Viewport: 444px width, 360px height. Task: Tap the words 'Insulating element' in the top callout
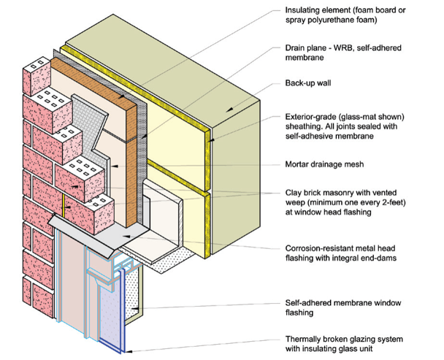(315, 10)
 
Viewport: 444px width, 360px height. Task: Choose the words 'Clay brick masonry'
(318, 193)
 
